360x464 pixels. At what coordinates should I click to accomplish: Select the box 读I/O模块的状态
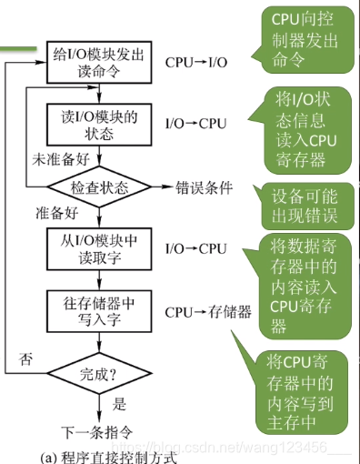click(x=96, y=125)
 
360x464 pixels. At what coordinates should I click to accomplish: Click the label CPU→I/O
click(x=195, y=64)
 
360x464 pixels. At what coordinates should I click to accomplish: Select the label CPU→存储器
click(x=208, y=312)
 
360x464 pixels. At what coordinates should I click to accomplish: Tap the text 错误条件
click(x=205, y=188)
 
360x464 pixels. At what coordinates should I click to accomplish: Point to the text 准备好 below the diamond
click(x=56, y=214)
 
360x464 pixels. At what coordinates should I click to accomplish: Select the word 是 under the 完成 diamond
click(x=119, y=404)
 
